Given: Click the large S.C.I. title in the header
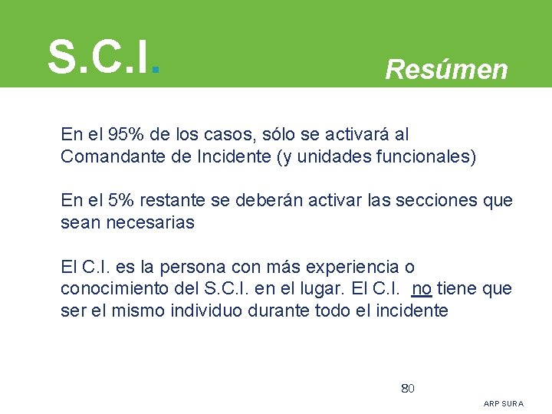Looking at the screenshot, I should pyautogui.click(x=103, y=56).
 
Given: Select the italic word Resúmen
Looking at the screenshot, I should pyautogui.click(x=446, y=70).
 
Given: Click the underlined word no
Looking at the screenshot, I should pyautogui.click(x=422, y=289).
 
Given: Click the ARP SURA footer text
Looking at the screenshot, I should pyautogui.click(x=504, y=403).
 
